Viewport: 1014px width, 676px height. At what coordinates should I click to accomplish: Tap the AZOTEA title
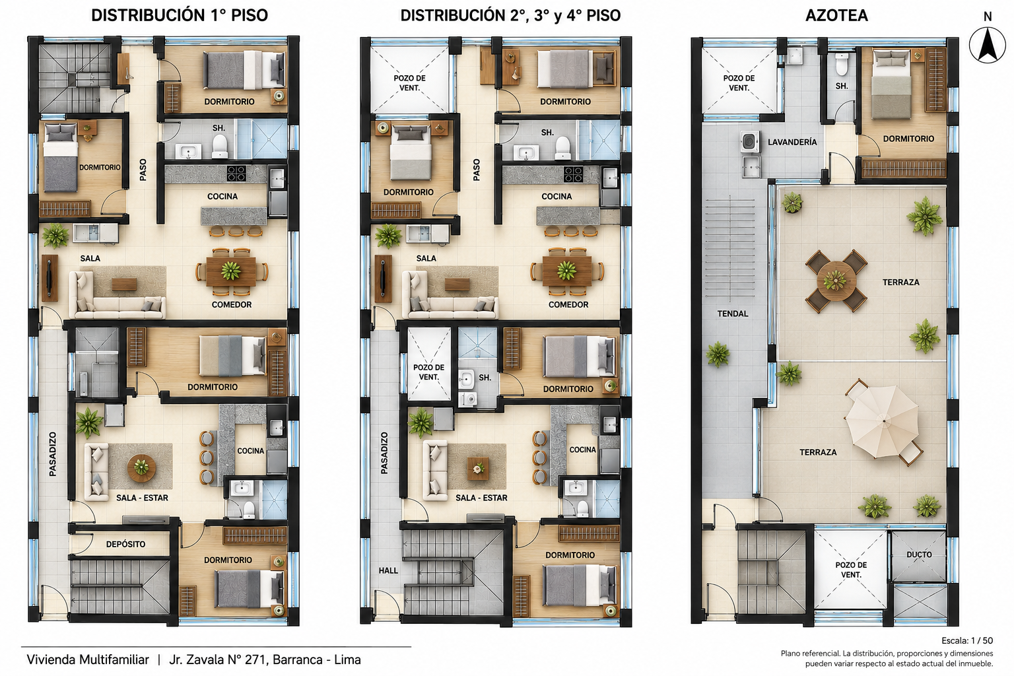pyautogui.click(x=836, y=15)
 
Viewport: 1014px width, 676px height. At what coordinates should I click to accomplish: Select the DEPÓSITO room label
pyautogui.click(x=126, y=544)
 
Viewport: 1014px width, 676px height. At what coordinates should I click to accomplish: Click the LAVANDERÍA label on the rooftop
pyautogui.click(x=792, y=142)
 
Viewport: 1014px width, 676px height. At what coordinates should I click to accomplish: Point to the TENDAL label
pyautogui.click(x=732, y=314)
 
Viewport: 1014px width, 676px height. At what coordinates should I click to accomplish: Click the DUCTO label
pyautogui.click(x=919, y=555)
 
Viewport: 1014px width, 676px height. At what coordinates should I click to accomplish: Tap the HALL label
pyautogui.click(x=388, y=570)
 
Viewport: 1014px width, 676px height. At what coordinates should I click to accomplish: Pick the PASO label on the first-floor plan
pyautogui.click(x=143, y=170)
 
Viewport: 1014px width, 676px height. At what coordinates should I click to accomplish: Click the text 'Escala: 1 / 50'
pyautogui.click(x=967, y=641)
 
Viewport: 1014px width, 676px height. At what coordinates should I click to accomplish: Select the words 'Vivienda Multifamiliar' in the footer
pyautogui.click(x=88, y=659)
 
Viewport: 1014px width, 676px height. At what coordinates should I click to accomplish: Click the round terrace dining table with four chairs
pyautogui.click(x=836, y=281)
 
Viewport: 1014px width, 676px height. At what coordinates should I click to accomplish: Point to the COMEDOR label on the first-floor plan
pyautogui.click(x=231, y=305)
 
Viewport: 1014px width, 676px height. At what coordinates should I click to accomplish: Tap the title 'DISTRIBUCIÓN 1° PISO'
pyautogui.click(x=180, y=15)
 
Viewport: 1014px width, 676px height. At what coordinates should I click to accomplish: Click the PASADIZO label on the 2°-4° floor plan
pyautogui.click(x=384, y=453)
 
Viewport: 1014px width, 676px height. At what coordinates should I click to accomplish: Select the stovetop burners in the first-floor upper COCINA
pyautogui.click(x=236, y=174)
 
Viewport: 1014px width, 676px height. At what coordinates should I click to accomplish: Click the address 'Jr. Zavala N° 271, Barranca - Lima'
pyautogui.click(x=265, y=659)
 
